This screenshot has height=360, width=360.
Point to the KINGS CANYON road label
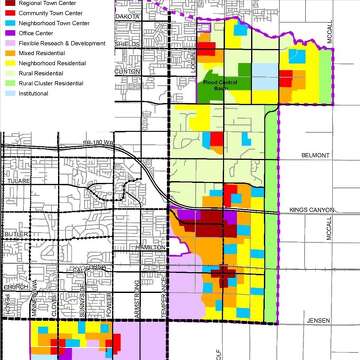click(311, 210)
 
